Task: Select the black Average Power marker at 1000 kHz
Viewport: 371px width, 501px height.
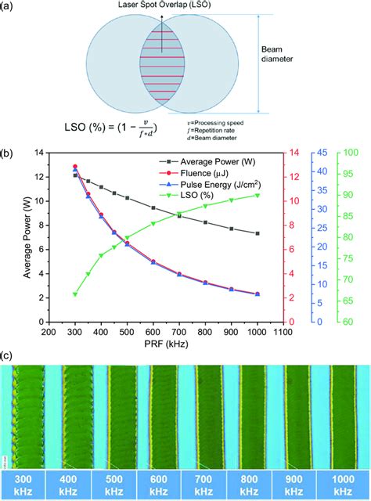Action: [x=279, y=233]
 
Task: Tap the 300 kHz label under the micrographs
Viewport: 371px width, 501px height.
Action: [x=23, y=484]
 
